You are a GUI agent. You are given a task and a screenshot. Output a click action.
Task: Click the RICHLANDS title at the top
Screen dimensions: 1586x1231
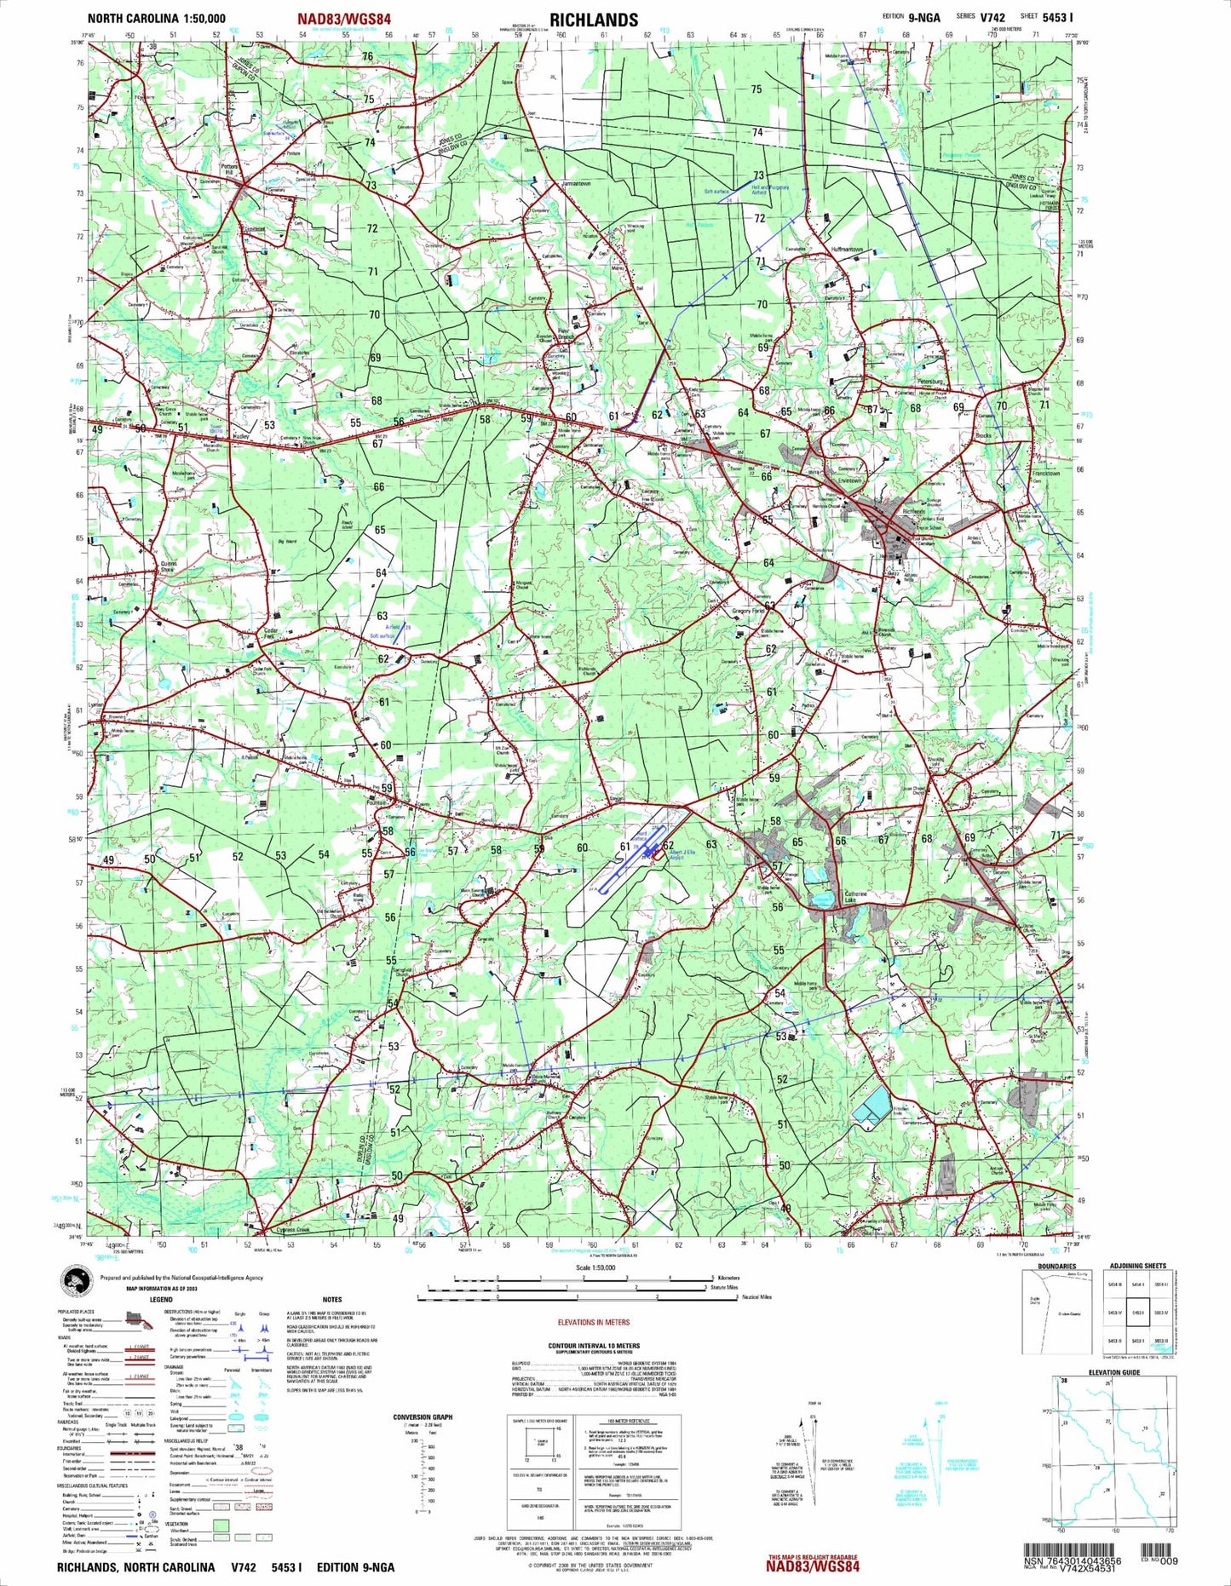(593, 19)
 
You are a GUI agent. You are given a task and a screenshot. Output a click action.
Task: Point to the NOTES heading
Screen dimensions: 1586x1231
(332, 1300)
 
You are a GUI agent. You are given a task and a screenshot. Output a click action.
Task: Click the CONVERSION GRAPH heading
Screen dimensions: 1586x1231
(423, 1417)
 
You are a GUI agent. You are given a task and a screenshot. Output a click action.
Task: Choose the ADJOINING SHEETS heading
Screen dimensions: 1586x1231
(1138, 1266)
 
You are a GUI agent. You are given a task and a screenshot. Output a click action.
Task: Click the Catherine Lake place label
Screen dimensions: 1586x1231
(855, 897)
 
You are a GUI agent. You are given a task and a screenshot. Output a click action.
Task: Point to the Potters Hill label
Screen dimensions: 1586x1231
(227, 169)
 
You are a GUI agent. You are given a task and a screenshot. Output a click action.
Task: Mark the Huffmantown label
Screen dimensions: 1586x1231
(848, 250)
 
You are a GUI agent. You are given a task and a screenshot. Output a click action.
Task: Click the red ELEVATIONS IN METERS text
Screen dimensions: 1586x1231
(593, 1323)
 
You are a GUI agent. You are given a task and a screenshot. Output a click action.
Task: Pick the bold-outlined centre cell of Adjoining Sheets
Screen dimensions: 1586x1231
(1138, 1313)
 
